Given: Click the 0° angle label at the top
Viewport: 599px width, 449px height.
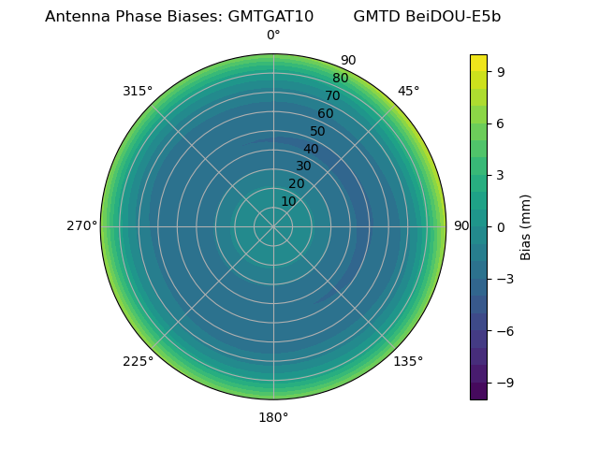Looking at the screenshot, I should click(x=273, y=36).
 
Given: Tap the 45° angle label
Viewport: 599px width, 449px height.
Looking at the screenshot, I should click(x=409, y=91).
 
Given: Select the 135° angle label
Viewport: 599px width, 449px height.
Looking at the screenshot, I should click(x=408, y=361).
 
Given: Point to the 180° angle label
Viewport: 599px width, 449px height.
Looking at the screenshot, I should click(x=273, y=417).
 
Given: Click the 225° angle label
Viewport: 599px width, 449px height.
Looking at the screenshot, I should click(x=138, y=361).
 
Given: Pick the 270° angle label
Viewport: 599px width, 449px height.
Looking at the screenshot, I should click(x=81, y=226).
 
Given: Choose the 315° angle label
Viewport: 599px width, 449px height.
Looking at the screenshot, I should click(x=138, y=91).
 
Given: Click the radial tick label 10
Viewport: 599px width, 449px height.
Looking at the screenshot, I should click(x=288, y=201).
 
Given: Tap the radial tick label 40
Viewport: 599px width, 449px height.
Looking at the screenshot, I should click(x=311, y=149).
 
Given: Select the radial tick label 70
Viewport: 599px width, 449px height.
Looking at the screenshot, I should click(x=332, y=95).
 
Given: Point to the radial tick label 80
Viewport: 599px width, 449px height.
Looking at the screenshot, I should click(x=340, y=79).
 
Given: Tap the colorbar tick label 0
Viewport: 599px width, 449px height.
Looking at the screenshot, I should click(x=501, y=227).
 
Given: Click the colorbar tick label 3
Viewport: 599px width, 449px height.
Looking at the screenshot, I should click(x=501, y=175).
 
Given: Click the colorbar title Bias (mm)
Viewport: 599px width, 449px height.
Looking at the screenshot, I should click(x=526, y=227).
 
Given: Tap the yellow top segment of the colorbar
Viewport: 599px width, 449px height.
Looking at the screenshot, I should click(x=478, y=63).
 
